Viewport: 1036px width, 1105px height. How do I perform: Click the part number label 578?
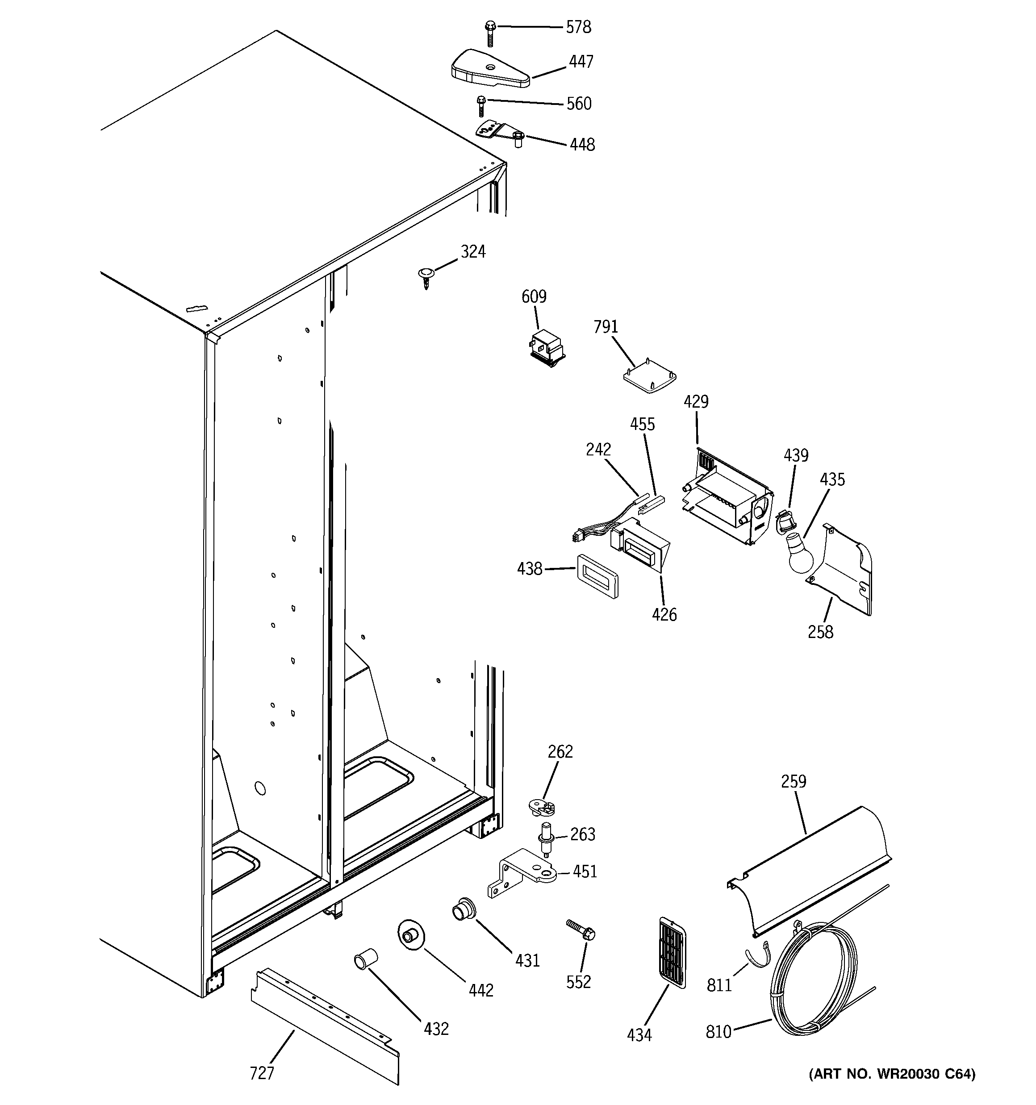578,27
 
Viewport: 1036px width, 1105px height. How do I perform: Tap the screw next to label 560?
481,106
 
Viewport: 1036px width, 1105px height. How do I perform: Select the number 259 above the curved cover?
793,781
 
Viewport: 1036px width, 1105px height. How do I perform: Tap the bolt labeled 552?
581,930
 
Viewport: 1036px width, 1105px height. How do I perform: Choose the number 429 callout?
696,401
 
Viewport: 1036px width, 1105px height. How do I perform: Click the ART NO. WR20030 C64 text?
892,1074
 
